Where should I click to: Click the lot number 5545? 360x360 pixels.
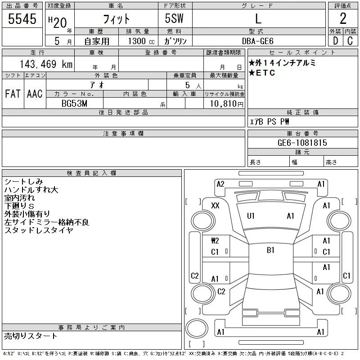coord(22,19)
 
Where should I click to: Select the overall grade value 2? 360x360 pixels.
coord(343,18)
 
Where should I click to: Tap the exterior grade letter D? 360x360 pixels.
coord(335,41)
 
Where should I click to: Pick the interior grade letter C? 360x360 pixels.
coord(350,41)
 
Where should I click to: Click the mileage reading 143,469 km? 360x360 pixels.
coord(46,64)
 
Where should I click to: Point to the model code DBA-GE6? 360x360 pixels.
coord(258,41)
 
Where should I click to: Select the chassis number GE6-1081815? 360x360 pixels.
coord(302,143)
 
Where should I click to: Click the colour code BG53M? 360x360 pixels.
coord(74,103)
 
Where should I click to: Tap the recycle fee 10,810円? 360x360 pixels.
coord(227,104)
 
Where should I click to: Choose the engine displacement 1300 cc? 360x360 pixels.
coord(141,41)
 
